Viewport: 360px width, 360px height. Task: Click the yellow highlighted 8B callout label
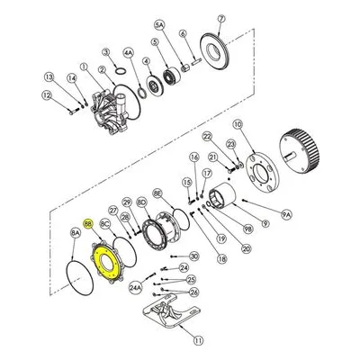(88, 223)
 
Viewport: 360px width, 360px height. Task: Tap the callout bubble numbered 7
(221, 19)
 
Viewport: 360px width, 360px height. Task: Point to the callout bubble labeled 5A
(160, 25)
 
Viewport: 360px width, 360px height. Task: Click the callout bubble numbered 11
(198, 340)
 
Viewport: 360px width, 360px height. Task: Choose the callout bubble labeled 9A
(286, 214)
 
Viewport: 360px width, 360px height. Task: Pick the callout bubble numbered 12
(46, 95)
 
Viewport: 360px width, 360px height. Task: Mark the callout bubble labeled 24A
(136, 287)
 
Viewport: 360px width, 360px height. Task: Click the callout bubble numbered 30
(194, 256)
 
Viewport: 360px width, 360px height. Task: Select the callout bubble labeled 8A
(76, 233)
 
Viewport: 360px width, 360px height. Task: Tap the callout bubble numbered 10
(238, 124)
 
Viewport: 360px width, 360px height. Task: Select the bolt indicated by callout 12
(74, 112)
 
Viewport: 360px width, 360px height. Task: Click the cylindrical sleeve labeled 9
(222, 197)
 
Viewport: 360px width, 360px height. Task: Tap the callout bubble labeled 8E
(157, 193)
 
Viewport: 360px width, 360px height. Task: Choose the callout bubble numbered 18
(221, 259)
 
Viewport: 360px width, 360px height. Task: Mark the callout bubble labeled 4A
(128, 53)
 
